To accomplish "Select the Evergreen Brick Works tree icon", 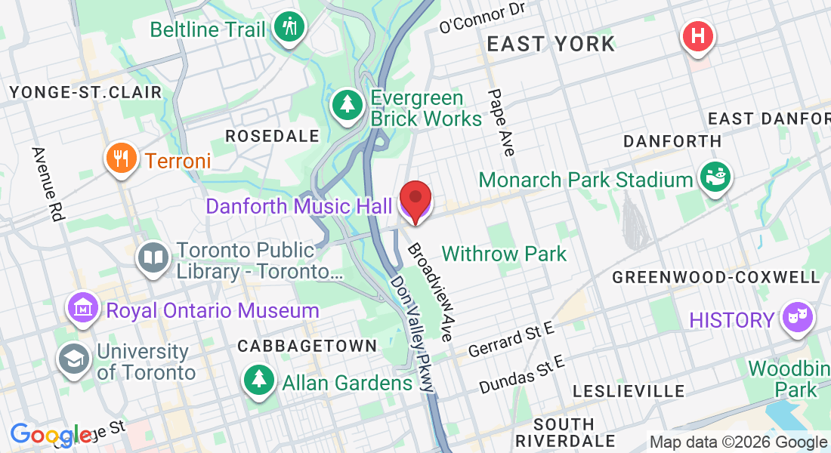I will point(347,105).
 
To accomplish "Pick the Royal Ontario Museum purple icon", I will point(84,307).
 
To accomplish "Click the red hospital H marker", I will point(697,36).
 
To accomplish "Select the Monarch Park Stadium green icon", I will point(714,177).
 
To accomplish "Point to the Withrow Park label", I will point(504,254).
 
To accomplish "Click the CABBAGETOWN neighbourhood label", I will point(307,346).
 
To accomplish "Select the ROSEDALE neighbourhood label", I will point(273,136).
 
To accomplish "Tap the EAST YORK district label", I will point(551,44).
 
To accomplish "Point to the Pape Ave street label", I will point(501,122).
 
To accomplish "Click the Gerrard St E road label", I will point(511,339).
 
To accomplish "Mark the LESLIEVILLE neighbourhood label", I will point(629,391).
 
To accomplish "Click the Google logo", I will point(50,435).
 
